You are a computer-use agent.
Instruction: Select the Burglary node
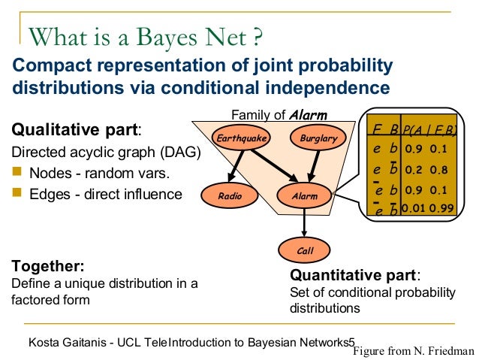[318, 139]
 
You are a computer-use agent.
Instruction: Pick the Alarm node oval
[304, 196]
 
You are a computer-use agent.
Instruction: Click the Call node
[304, 250]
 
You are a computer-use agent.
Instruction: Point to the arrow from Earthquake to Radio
[230, 167]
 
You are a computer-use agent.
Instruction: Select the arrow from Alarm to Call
[304, 223]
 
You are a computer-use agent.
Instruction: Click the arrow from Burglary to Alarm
[312, 167]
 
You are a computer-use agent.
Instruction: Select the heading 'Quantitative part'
[354, 274]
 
